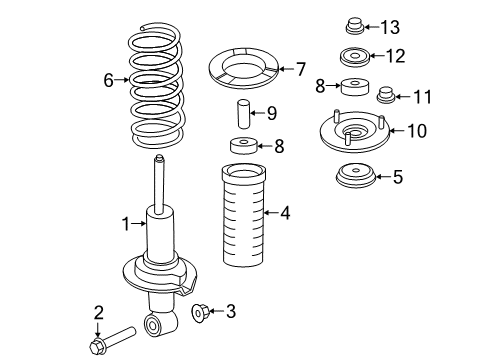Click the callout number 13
point(390,27)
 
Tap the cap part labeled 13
point(354,26)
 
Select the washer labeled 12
point(355,57)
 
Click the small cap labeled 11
point(386,95)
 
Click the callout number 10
point(417,131)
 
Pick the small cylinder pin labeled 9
point(244,114)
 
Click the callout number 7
point(301,69)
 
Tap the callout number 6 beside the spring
point(109,80)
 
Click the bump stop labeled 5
point(356,176)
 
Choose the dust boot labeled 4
point(244,217)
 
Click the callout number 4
point(285,213)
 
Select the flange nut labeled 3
point(200,312)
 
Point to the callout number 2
point(99,313)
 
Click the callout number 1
point(126,224)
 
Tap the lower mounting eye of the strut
point(152,324)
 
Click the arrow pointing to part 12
point(377,56)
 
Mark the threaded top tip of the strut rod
point(160,158)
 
